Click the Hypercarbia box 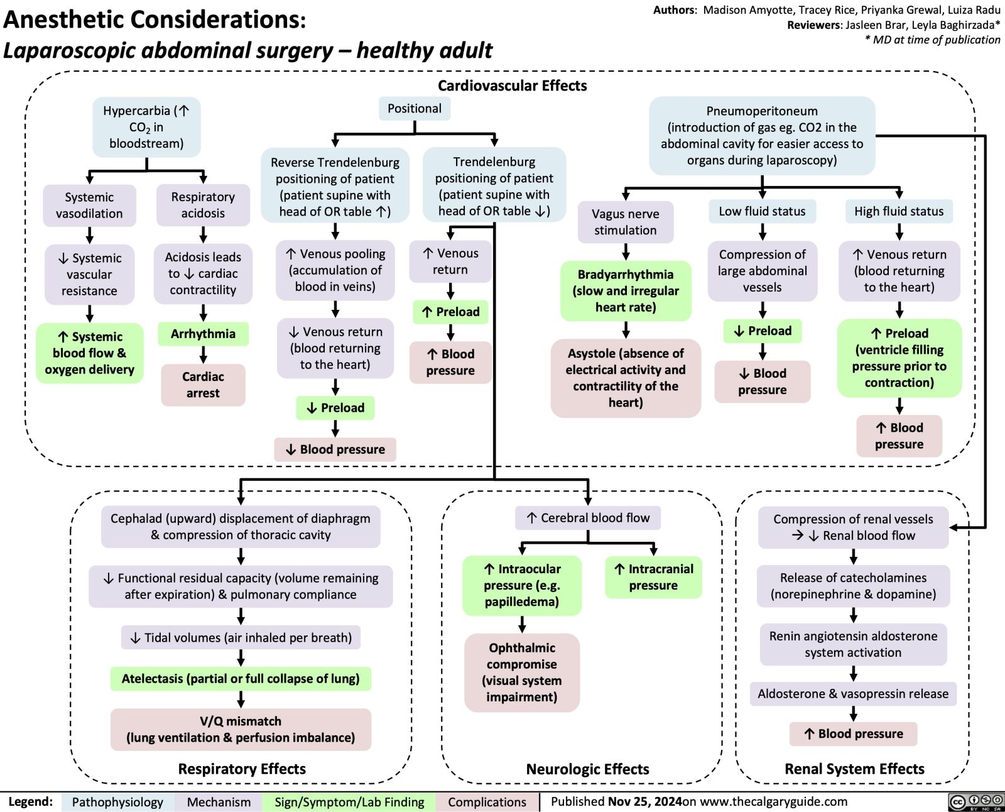pyautogui.click(x=146, y=127)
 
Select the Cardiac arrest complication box pyautogui.click(x=203, y=385)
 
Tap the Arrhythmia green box pyautogui.click(x=203, y=334)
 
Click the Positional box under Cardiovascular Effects pyautogui.click(x=415, y=108)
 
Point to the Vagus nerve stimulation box pyautogui.click(x=626, y=222)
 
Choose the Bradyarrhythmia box pyautogui.click(x=626, y=291)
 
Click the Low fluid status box pyautogui.click(x=762, y=211)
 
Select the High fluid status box pyautogui.click(x=899, y=211)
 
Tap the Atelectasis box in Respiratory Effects pyautogui.click(x=241, y=679)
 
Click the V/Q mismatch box pyautogui.click(x=241, y=729)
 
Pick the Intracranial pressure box pyautogui.click(x=653, y=577)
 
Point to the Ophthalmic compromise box pyautogui.click(x=522, y=672)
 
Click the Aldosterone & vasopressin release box pyautogui.click(x=853, y=694)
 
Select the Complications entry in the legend pyautogui.click(x=487, y=802)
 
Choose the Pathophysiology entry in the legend pyautogui.click(x=117, y=802)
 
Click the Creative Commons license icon pyautogui.click(x=975, y=802)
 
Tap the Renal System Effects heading pyautogui.click(x=854, y=769)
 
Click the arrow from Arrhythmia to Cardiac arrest pyautogui.click(x=203, y=355)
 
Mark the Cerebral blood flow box pyautogui.click(x=588, y=518)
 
